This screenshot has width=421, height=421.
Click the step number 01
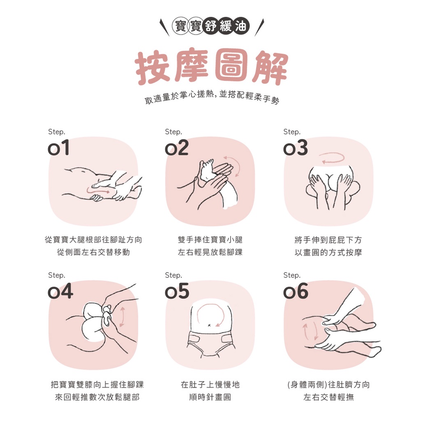pyautogui.click(x=58, y=148)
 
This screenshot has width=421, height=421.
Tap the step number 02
pyautogui.click(x=177, y=148)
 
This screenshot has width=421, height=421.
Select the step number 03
pyautogui.click(x=295, y=148)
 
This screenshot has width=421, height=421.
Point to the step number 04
pyautogui.click(x=60, y=291)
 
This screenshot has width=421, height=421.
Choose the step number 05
pyautogui.click(x=177, y=291)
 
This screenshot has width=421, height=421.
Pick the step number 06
pyautogui.click(x=296, y=291)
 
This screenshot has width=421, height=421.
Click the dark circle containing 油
pyautogui.click(x=241, y=26)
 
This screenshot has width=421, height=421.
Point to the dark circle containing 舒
pyautogui.click(x=211, y=26)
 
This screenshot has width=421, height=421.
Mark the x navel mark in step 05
pyautogui.click(x=209, y=326)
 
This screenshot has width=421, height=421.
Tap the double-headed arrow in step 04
pyautogui.click(x=123, y=317)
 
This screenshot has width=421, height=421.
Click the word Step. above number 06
pyautogui.click(x=292, y=275)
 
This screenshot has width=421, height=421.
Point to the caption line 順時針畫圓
pyautogui.click(x=210, y=397)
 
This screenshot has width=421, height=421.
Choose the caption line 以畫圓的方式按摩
pyautogui.click(x=328, y=252)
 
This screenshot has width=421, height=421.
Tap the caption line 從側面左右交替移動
pyautogui.click(x=93, y=252)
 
